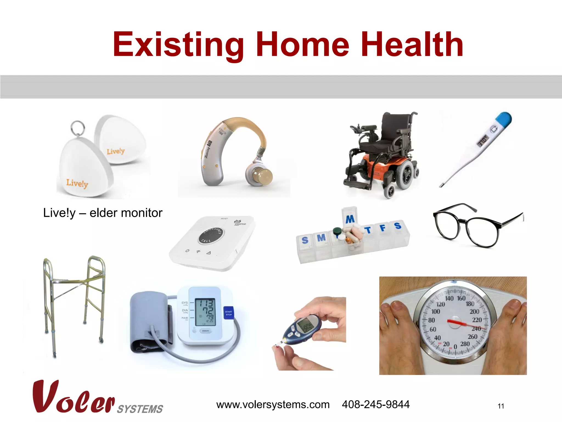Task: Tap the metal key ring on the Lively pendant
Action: pos(78,127)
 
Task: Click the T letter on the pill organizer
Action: pos(368,230)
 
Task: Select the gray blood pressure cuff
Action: pos(150,321)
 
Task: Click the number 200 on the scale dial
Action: pos(474,312)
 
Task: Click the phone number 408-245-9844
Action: pos(375,404)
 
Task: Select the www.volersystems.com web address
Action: pos(273,404)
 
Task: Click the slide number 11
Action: pos(501,406)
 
